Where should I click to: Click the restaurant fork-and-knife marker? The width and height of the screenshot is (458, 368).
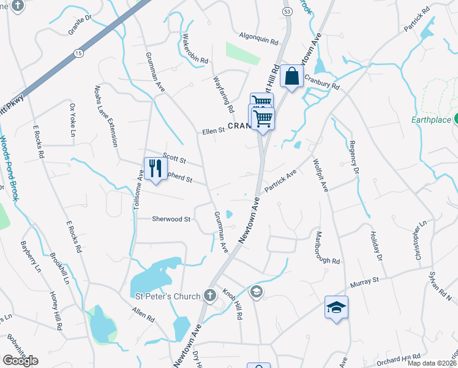[155, 169]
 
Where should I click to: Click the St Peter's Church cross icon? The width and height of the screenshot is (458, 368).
[210, 296]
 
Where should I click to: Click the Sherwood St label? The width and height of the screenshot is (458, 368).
[171, 218]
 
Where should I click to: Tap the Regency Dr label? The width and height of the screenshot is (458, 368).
[353, 157]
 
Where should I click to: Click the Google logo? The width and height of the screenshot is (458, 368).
[20, 360]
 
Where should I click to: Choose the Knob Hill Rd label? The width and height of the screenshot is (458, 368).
[233, 303]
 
